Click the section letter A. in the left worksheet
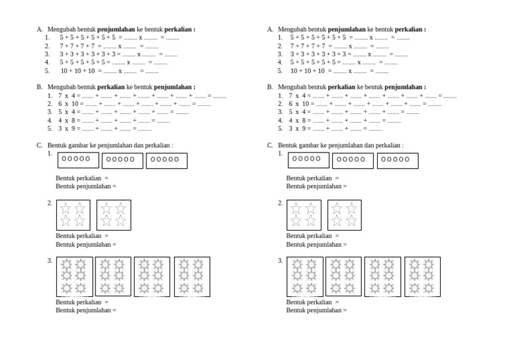pyautogui.click(x=40, y=29)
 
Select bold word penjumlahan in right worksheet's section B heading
pyautogui.click(x=404, y=87)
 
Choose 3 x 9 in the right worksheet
pyautogui.click(x=298, y=128)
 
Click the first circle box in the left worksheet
pyautogui.click(x=78, y=160)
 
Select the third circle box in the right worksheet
pyautogui.click(x=398, y=160)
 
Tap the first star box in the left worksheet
pyautogui.click(x=73, y=215)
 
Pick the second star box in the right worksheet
pyautogui.click(x=344, y=215)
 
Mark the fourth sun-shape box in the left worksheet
pyautogui.click(x=192, y=276)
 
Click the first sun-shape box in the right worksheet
pyautogui.click(x=304, y=276)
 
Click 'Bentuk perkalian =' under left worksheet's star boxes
pyautogui.click(x=82, y=235)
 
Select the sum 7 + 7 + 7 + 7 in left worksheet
pyautogui.click(x=77, y=46)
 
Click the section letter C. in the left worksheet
pyautogui.click(x=40, y=145)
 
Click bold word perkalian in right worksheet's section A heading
pyautogui.click(x=410, y=29)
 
